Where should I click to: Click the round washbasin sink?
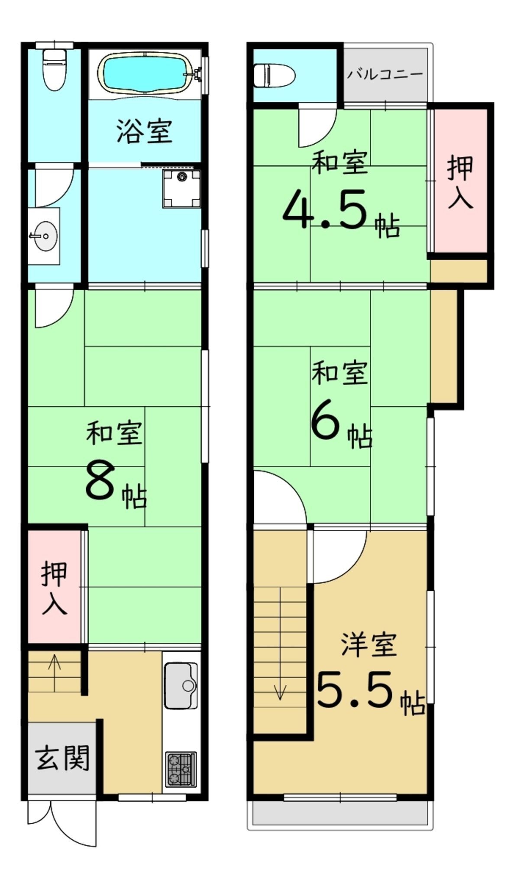tap(44, 236)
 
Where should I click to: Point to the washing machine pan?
tap(182, 189)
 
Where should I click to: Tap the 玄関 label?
tap(62, 758)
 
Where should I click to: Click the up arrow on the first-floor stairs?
tap(55, 673)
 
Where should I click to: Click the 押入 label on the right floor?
tap(460, 181)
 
